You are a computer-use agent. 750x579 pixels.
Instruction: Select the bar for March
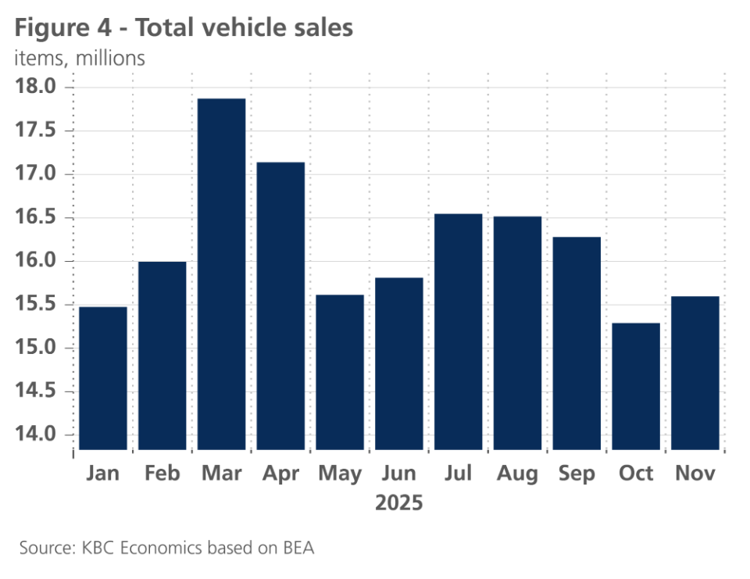221,273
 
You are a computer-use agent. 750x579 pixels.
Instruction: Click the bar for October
635,386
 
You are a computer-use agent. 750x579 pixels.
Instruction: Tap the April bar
280,306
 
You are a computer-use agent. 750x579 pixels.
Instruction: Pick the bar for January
103,378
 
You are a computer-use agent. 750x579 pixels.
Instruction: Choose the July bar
458,331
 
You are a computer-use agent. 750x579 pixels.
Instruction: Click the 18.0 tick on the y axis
39,87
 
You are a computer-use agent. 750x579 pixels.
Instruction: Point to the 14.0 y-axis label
39,434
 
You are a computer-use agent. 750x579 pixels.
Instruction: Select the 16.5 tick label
39,217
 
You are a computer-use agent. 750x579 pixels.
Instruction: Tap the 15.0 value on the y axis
39,348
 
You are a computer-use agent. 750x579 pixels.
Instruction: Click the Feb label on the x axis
162,474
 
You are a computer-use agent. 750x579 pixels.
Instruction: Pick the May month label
340,474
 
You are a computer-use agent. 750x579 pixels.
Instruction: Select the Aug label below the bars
517,474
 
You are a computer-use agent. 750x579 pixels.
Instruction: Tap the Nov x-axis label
695,474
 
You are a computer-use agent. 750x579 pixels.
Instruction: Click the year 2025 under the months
398,502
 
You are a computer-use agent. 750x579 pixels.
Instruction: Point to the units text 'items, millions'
80,58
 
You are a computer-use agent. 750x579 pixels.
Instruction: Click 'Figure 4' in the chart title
66,28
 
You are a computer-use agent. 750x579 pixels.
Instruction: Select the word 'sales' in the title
323,28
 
